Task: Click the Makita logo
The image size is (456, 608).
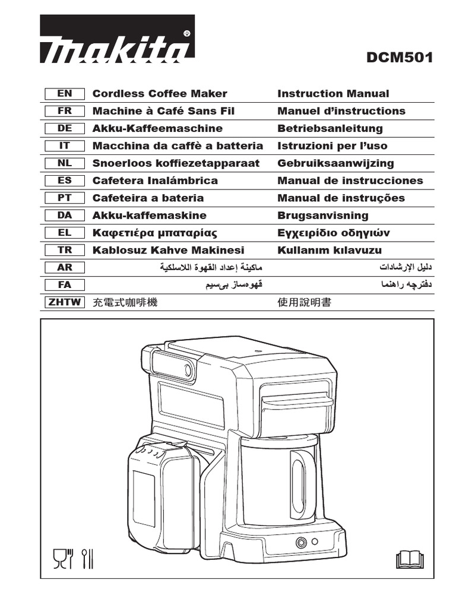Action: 117,39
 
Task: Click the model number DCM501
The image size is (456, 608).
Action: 400,58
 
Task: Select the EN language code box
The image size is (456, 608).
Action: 65,93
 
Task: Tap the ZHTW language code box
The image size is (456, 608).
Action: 65,302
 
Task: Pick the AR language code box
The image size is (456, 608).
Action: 65,267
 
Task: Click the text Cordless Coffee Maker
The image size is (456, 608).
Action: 160,93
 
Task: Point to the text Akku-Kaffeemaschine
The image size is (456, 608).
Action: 157,128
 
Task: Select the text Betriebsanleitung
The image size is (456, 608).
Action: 330,128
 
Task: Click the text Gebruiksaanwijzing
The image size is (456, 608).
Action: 335,163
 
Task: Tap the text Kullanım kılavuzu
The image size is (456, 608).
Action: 330,250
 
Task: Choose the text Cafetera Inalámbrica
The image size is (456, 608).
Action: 155,180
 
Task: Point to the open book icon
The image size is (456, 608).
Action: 408,558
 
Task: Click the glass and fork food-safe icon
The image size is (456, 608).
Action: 62,558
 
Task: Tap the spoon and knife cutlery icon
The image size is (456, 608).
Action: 88,558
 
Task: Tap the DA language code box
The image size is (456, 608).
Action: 65,216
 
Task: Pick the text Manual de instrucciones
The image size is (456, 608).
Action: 350,180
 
